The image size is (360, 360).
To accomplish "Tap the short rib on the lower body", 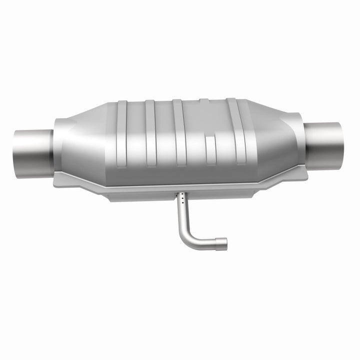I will [x=210, y=150].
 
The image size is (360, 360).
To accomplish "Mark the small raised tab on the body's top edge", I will [x=204, y=101].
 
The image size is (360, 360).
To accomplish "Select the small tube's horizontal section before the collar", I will [x=205, y=242].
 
